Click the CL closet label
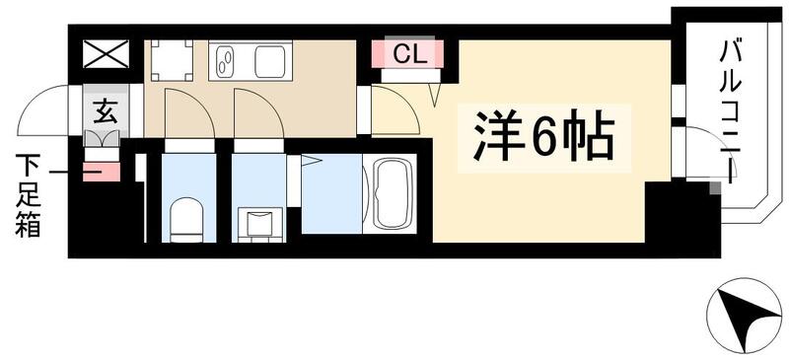click(x=407, y=54)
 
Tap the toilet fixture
click(x=187, y=219)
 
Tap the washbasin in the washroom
click(x=257, y=221)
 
